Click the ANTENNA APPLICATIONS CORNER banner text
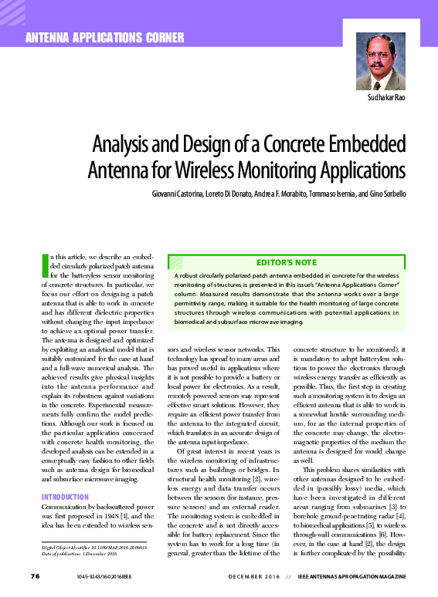(106, 38)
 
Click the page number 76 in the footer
(34, 575)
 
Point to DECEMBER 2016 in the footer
(253, 576)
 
